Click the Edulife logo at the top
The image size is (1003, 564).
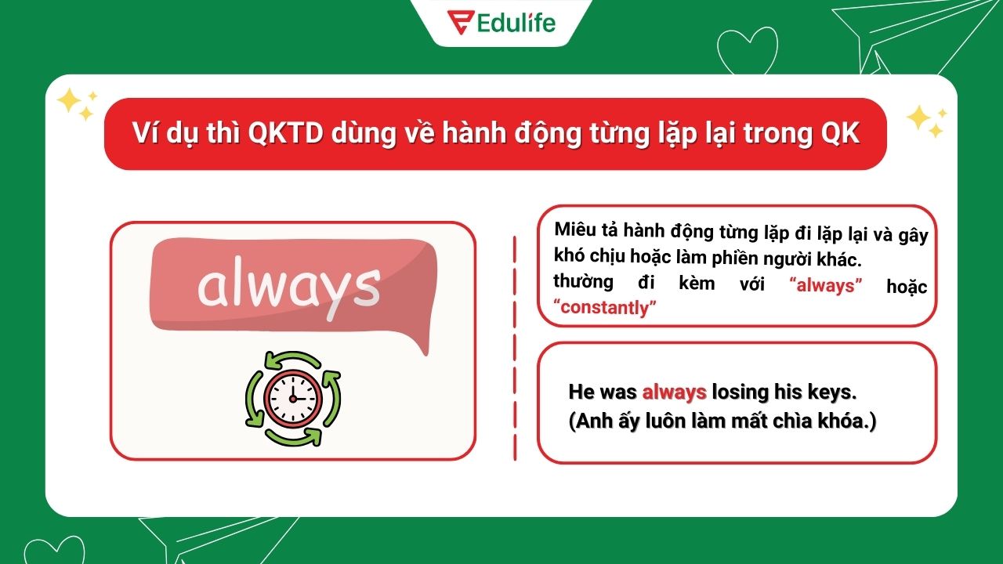pyautogui.click(x=501, y=21)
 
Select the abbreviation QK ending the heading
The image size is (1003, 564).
pyautogui.click(x=840, y=134)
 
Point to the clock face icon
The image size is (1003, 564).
pyautogui.click(x=293, y=397)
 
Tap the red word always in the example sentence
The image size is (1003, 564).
pyautogui.click(x=674, y=392)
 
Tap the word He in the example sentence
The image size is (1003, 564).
pyautogui.click(x=582, y=392)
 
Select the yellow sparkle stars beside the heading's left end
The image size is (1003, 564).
pyautogui.click(x=76, y=104)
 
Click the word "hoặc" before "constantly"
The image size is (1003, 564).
pyautogui.click(x=907, y=286)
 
